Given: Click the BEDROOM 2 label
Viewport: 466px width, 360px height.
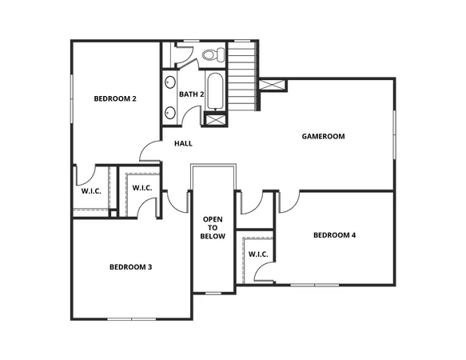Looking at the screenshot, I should [115, 98].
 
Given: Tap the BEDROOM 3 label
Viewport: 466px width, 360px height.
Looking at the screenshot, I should [130, 266].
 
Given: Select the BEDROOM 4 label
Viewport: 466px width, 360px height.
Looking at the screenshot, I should [334, 235].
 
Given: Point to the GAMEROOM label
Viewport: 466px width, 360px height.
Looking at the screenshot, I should [323, 136].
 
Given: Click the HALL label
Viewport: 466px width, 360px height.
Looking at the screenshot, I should [183, 144].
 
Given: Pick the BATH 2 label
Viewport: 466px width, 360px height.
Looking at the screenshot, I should [192, 94].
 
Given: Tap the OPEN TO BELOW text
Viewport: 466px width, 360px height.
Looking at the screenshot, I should [213, 228].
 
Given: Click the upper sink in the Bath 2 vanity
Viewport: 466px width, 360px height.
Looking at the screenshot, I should [170, 82].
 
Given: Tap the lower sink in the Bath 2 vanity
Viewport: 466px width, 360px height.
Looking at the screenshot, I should [170, 110].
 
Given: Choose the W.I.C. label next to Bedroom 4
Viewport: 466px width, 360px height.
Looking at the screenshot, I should [257, 254].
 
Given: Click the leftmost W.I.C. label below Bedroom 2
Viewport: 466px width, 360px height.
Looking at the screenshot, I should [90, 191].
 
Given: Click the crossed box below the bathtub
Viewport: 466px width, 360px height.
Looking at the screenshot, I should [216, 120].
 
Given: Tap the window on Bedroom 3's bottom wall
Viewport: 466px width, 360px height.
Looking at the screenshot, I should [131, 318].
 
